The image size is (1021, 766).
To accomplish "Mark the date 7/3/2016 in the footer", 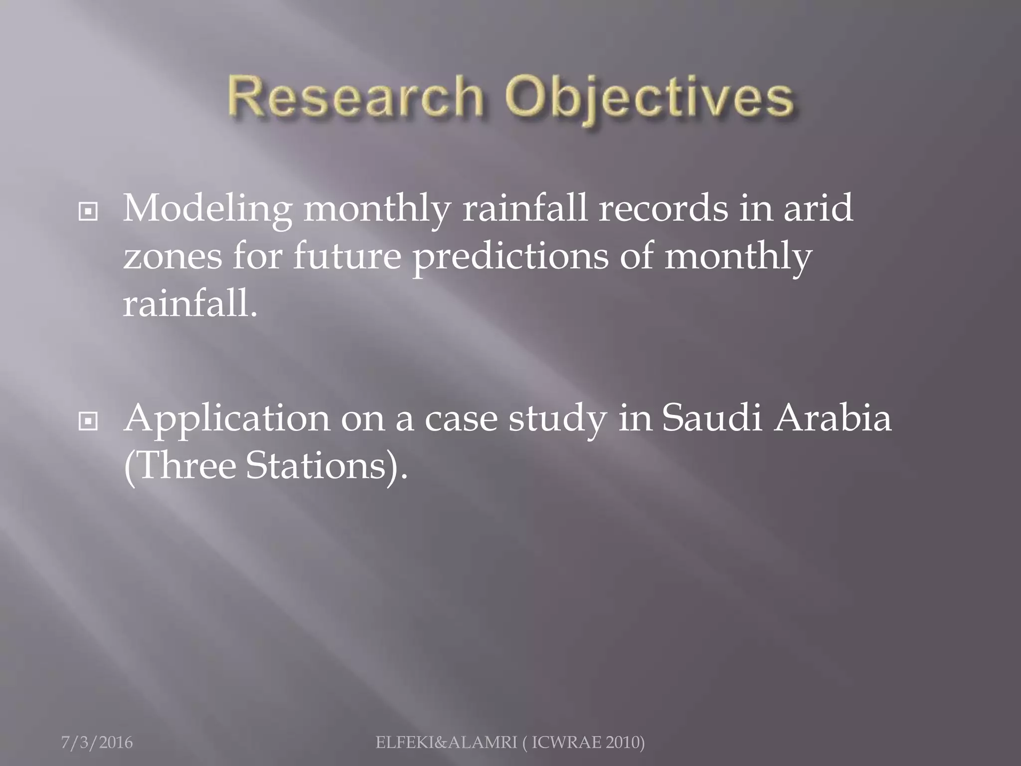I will [x=97, y=743].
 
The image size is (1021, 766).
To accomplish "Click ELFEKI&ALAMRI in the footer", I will [x=446, y=743].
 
